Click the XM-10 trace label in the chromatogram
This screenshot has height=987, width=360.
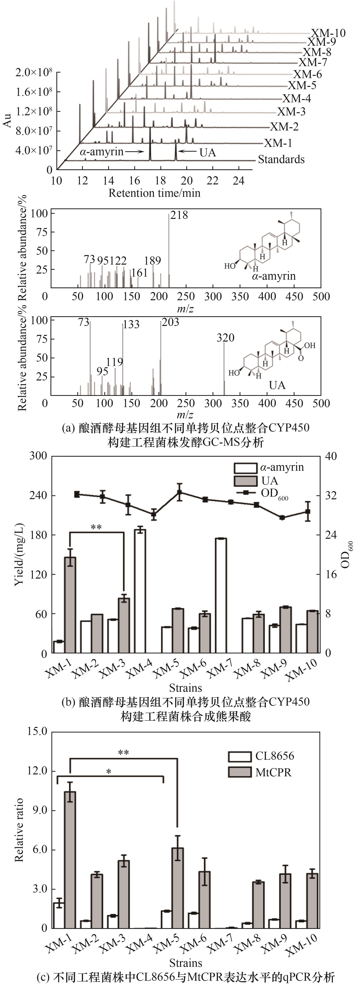tap(328, 33)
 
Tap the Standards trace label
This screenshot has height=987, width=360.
tap(281, 159)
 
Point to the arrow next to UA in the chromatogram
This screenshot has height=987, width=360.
tap(188, 152)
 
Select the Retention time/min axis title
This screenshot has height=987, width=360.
tap(154, 193)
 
